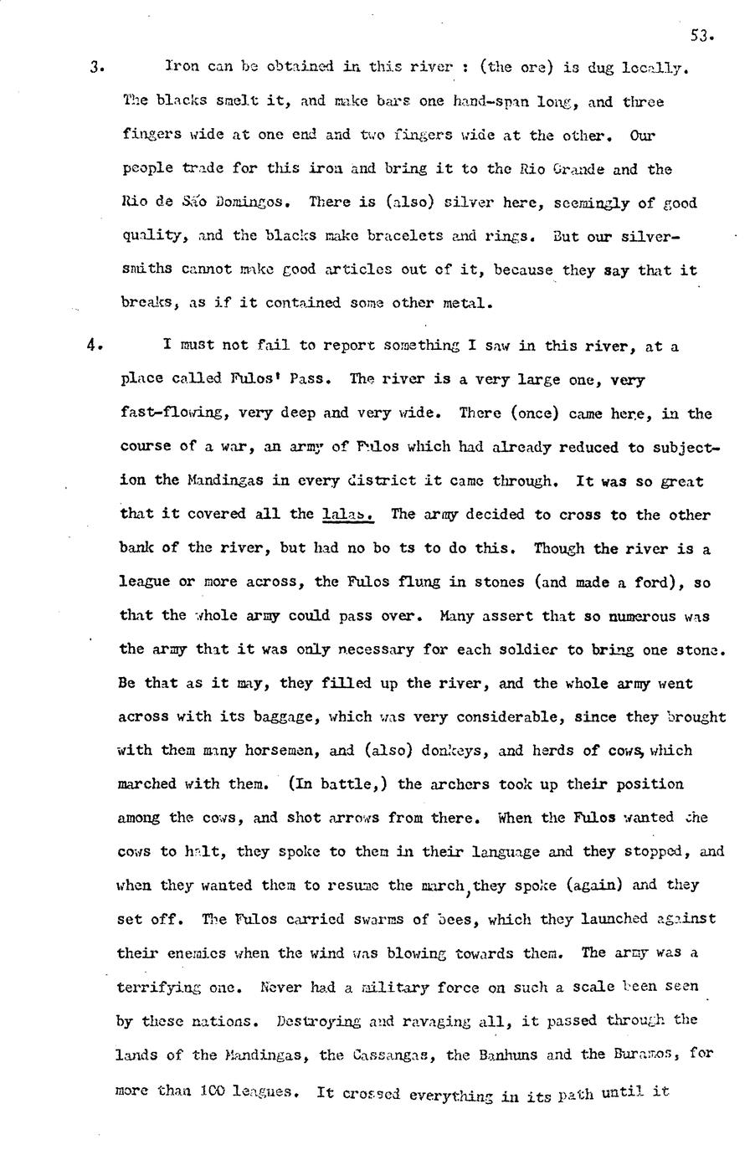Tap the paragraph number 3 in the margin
click(x=95, y=68)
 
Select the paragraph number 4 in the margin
click(x=95, y=345)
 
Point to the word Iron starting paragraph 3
click(x=181, y=66)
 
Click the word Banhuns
click(x=492, y=1055)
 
